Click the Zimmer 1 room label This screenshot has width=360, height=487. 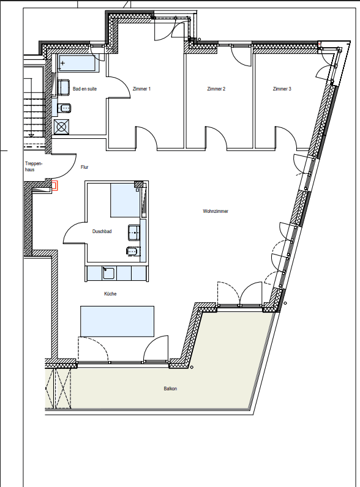point(141,89)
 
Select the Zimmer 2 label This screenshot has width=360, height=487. point(217,89)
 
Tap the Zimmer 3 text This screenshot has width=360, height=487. point(282,89)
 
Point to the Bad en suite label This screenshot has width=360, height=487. point(84,89)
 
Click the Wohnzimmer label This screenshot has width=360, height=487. point(216,212)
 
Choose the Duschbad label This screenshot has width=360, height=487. point(102,231)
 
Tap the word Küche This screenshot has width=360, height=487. point(110,294)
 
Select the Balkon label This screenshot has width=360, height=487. point(170,388)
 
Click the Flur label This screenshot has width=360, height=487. point(85,166)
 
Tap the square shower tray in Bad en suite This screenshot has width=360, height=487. point(62,127)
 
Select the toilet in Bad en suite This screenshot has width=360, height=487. point(66,108)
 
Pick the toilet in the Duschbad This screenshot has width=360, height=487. point(131,250)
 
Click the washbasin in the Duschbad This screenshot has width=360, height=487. point(133,232)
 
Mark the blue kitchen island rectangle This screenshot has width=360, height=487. point(117,321)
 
